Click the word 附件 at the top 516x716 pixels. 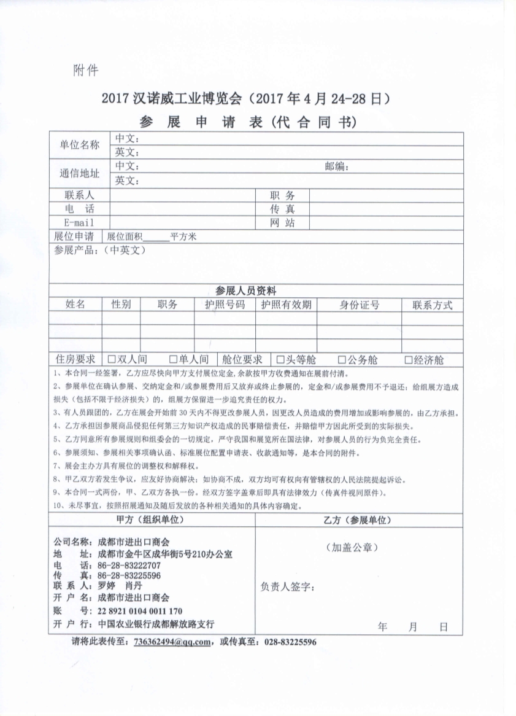[86, 69]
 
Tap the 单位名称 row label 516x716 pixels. [79, 145]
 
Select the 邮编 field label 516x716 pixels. [337, 166]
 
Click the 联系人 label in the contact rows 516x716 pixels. [79, 195]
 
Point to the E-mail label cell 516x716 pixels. [79, 222]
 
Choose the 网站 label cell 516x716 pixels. [282, 222]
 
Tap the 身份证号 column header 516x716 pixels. [360, 305]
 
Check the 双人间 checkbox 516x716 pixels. [112, 360]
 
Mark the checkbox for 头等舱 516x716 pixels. [280, 360]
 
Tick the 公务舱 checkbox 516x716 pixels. [342, 360]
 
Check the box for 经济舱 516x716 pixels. [408, 360]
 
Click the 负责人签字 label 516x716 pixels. [288, 587]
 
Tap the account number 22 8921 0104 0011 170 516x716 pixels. [140, 611]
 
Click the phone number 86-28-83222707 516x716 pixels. [129, 565]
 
